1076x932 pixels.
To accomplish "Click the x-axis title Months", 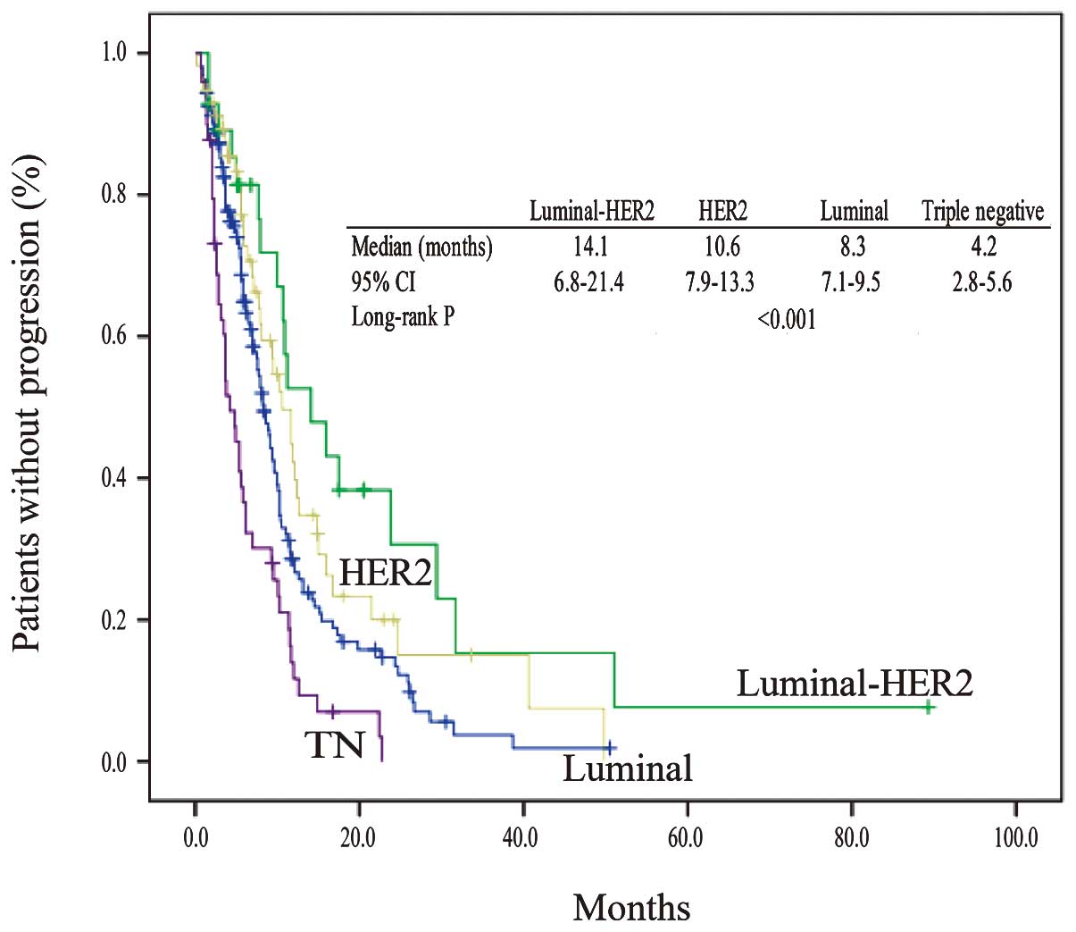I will click(x=631, y=908).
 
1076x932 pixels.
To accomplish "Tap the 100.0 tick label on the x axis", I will click(x=1014, y=839).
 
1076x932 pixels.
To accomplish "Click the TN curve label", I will click(x=336, y=744).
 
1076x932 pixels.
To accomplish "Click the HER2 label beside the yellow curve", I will click(x=385, y=573).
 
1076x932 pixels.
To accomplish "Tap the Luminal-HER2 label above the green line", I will click(x=854, y=684).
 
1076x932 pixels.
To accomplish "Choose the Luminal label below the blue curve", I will click(x=627, y=768).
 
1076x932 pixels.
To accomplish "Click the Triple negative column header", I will click(x=982, y=212).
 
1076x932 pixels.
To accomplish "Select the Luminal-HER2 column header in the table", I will click(x=592, y=212).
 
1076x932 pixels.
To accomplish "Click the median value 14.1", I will click(x=590, y=247).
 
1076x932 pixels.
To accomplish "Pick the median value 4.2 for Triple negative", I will click(x=983, y=247).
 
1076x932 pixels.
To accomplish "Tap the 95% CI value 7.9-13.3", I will click(x=720, y=282).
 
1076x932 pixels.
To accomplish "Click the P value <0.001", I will click(x=786, y=319).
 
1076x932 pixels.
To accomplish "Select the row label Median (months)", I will click(x=421, y=247).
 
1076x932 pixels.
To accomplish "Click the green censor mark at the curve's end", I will click(x=929, y=707).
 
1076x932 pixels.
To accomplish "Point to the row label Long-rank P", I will click(x=403, y=317).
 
